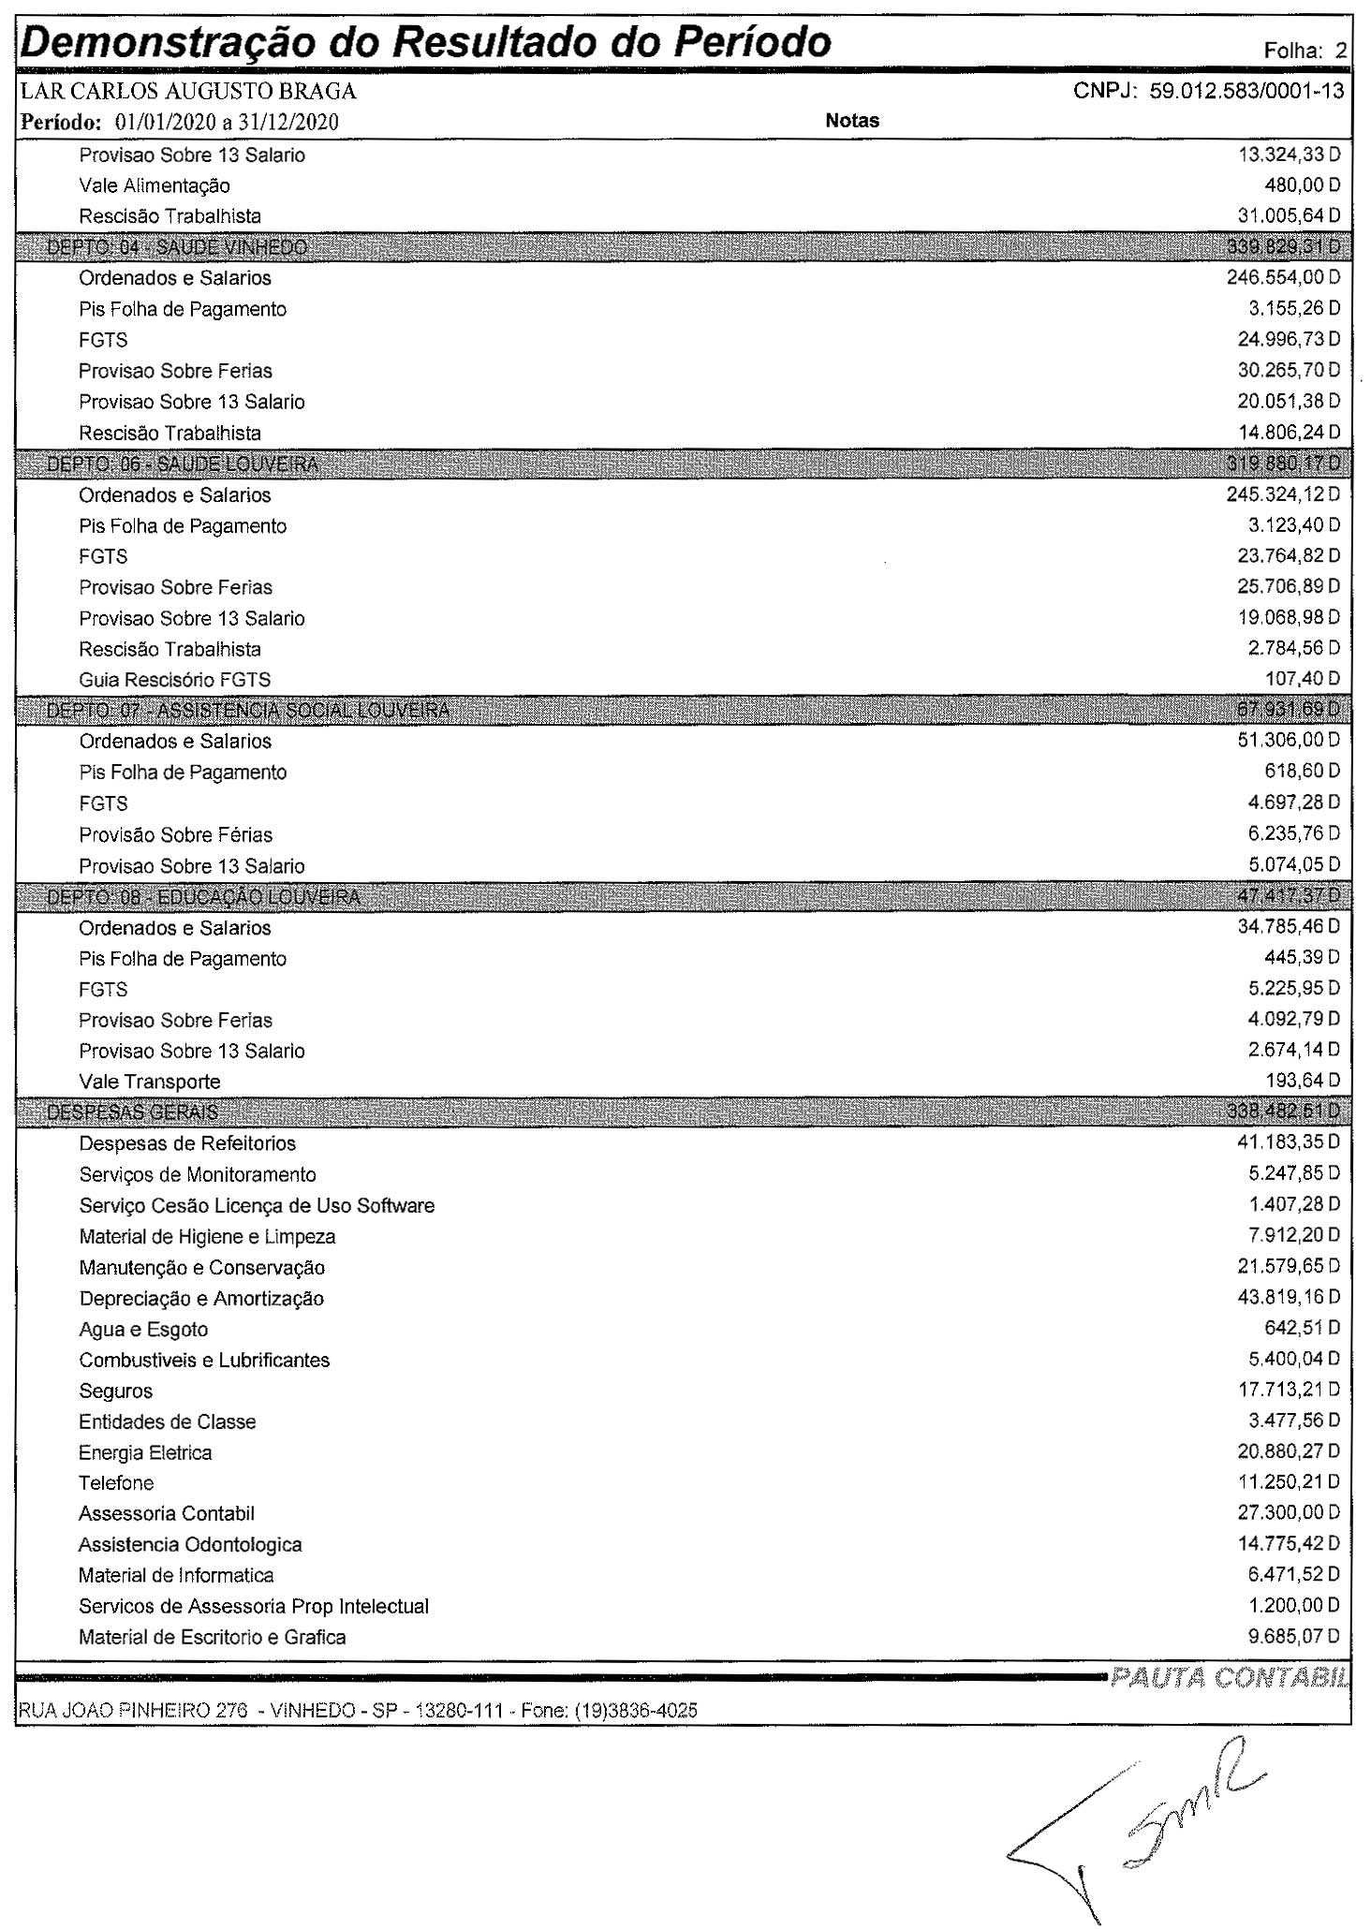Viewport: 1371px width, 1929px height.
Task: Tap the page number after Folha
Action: click(x=1341, y=52)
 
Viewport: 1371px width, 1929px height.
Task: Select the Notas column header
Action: click(x=852, y=121)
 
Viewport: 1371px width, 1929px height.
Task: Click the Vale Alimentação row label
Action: click(x=155, y=185)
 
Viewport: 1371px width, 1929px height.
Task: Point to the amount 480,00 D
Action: click(x=1302, y=185)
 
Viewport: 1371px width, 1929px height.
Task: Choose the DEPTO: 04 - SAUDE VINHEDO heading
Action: click(x=177, y=247)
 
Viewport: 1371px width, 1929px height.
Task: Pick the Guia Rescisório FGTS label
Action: click(x=174, y=680)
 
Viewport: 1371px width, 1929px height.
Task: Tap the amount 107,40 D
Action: click(x=1303, y=678)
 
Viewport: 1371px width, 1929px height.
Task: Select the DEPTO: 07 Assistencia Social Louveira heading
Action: click(x=247, y=711)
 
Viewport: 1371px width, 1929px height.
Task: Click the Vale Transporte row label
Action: click(x=150, y=1082)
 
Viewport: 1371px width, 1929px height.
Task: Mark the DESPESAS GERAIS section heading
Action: click(x=132, y=1112)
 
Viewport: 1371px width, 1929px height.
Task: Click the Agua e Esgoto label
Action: click(x=143, y=1330)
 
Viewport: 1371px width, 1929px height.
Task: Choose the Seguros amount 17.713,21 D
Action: click(x=1289, y=1390)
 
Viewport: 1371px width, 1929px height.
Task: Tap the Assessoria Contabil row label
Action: click(x=167, y=1513)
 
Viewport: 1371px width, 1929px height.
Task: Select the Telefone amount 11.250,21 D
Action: click(x=1289, y=1481)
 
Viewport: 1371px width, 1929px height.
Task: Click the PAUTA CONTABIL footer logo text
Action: click(x=1229, y=1677)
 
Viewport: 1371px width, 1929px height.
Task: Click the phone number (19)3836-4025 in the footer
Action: click(x=636, y=1711)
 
